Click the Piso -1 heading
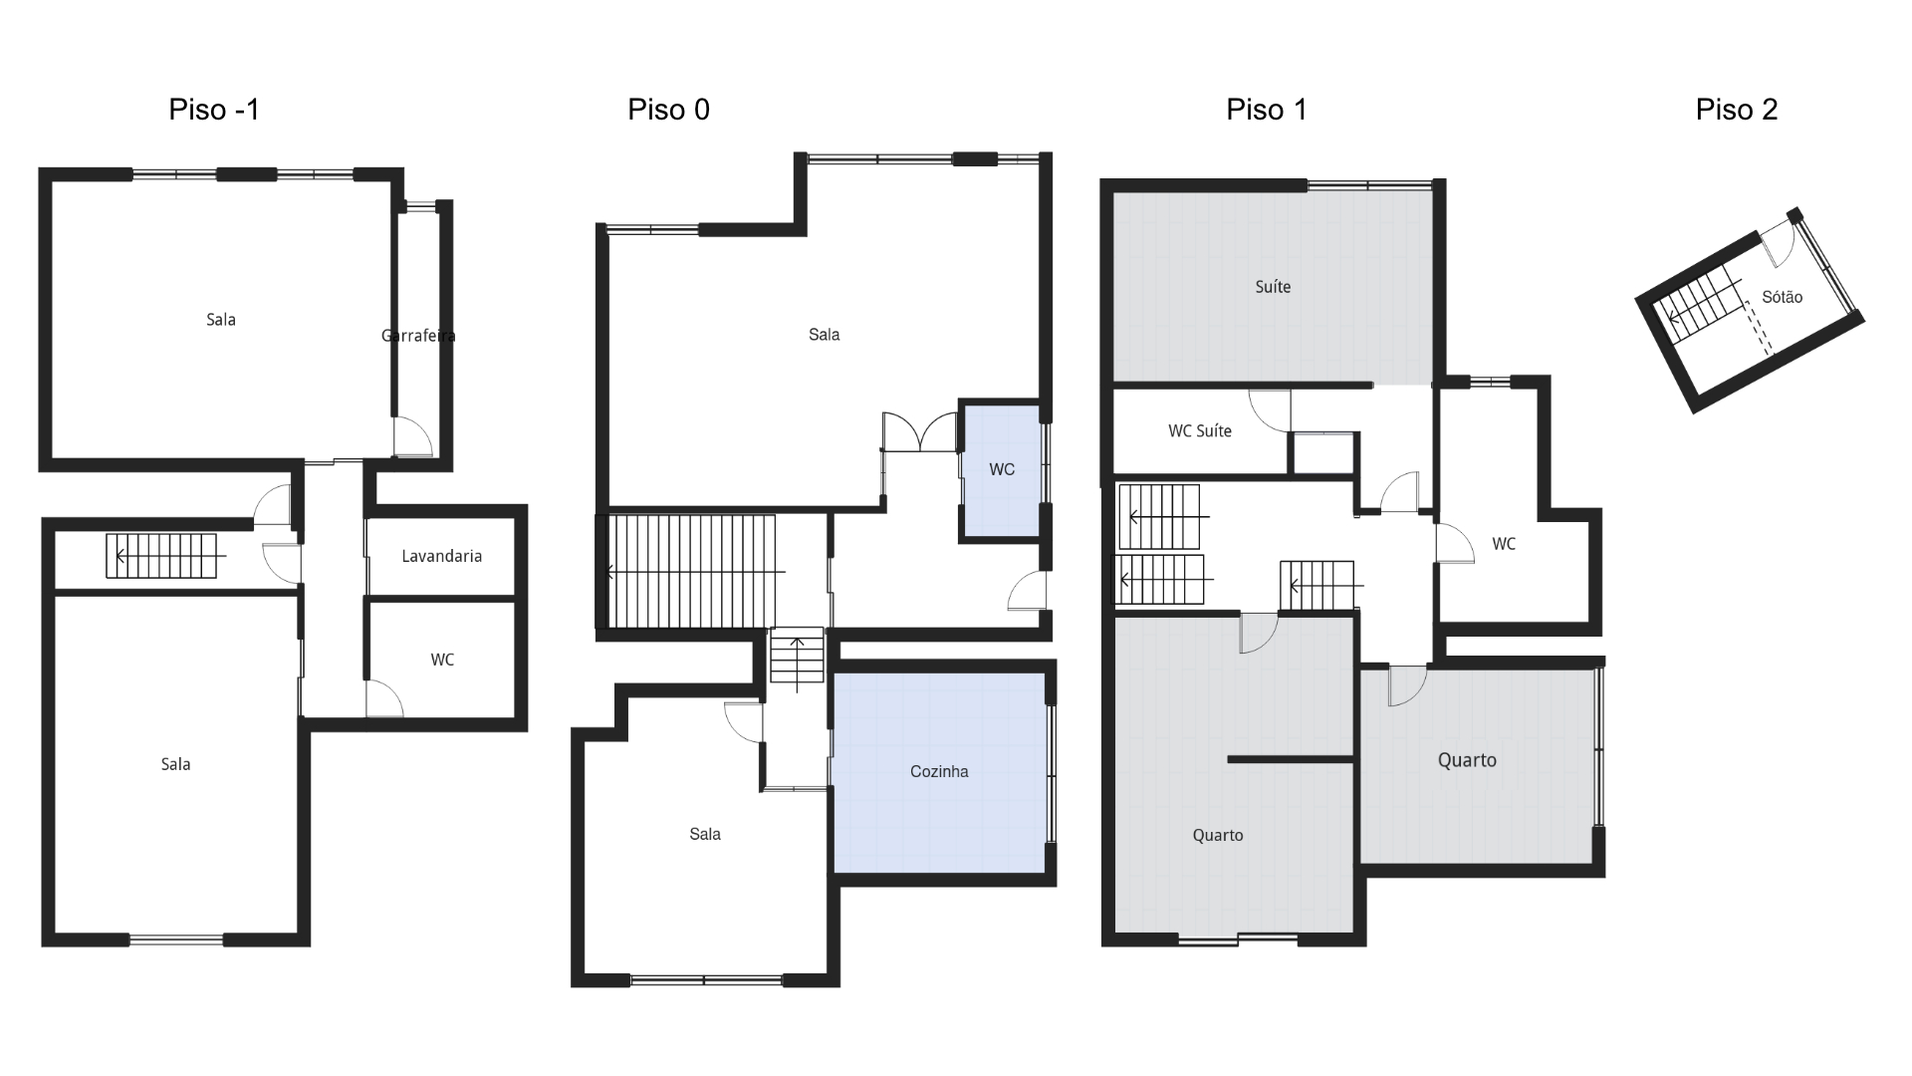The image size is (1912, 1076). pos(214,110)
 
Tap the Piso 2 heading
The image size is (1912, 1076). pos(1736,110)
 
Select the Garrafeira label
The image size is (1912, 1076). pos(418,336)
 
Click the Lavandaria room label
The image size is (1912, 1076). pos(441,556)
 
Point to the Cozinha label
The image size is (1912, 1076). pos(938,771)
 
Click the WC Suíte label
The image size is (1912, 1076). pos(1199,431)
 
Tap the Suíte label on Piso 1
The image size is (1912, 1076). pos(1272,287)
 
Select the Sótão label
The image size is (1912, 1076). pos(1782,297)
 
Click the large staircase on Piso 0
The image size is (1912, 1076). pos(691,571)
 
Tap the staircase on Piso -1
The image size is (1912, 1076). pos(161,556)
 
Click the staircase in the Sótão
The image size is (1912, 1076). pos(1704,305)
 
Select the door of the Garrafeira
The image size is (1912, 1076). pos(412,436)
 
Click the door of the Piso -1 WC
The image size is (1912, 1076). pos(383,699)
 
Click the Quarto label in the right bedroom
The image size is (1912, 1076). pos(1466,760)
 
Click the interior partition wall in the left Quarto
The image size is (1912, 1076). pos(1290,760)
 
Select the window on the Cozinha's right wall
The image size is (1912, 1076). pos(1052,774)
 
